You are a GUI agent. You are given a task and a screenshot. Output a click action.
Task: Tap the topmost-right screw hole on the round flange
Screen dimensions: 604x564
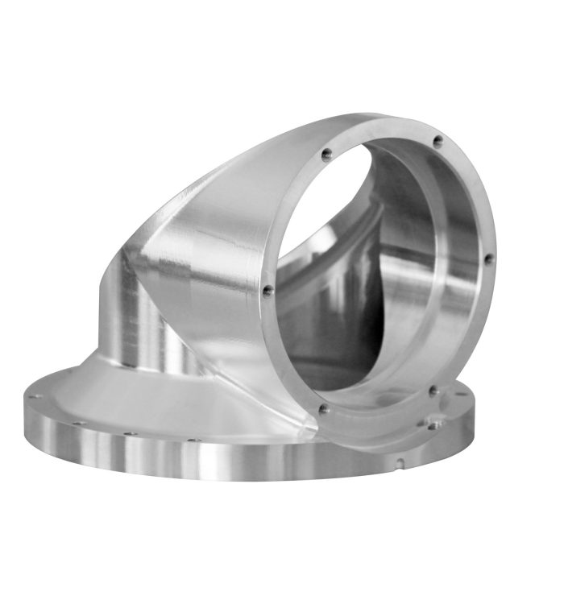[x=438, y=141]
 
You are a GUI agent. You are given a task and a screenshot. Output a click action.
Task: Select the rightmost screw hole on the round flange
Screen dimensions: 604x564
[x=487, y=259]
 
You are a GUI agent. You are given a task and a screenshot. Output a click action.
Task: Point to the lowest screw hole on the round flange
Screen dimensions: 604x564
[x=324, y=409]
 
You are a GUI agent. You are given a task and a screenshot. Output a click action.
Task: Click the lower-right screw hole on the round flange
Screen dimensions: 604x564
[x=433, y=391]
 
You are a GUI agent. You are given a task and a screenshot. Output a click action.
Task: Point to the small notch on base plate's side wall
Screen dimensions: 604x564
[x=400, y=462]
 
